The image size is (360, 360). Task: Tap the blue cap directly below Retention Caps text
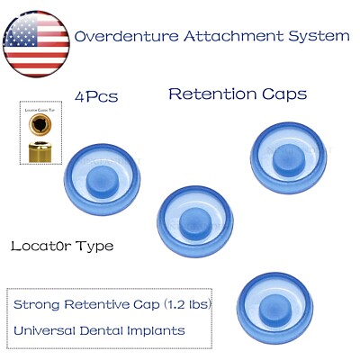[x=288, y=154]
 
